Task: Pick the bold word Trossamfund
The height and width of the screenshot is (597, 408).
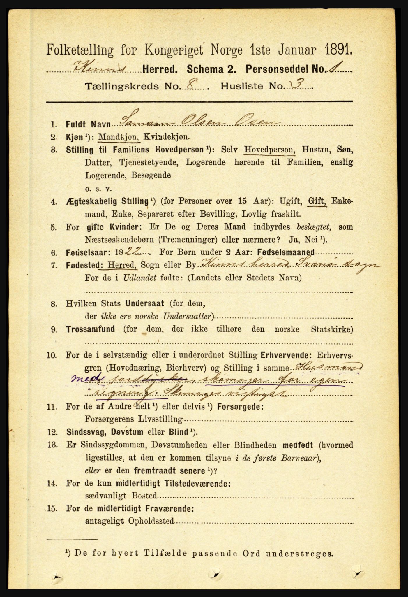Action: pyautogui.click(x=90, y=330)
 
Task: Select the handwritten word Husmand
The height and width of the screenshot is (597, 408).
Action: pyautogui.click(x=328, y=367)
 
